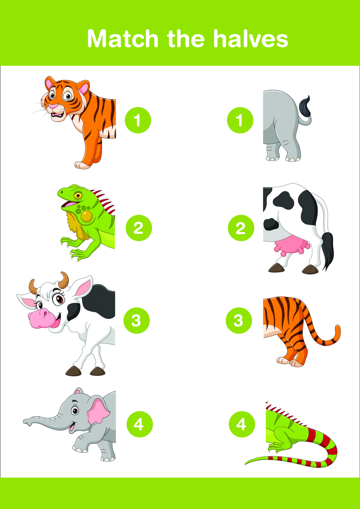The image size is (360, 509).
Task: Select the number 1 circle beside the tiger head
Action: pos(138,120)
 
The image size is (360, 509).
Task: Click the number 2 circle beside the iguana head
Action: pos(139,228)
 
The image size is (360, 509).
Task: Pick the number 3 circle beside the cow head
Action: pos(137,320)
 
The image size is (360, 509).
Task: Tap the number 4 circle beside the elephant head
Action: pos(140,424)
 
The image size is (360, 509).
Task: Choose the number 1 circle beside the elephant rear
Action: pos(240,120)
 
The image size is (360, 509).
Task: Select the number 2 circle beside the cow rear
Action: pos(241,228)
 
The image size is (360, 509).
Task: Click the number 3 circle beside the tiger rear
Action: pos(239,320)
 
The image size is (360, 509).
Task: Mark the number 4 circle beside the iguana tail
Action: pos(242,424)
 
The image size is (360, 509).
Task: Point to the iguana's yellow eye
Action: pos(78,195)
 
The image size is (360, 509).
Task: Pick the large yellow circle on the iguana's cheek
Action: pos(86,216)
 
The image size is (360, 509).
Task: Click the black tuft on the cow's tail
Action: pos(328,250)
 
